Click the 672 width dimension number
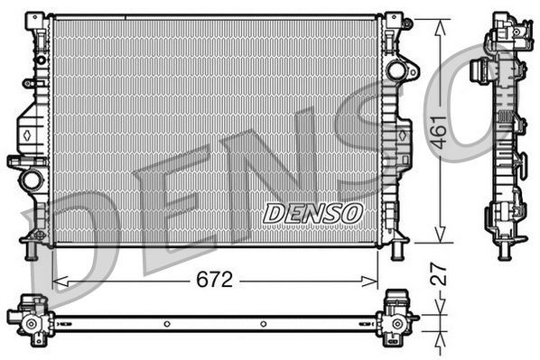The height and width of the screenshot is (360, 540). point(214,280)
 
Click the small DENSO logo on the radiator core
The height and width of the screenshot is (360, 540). point(312,214)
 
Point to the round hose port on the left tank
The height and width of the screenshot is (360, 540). point(32,180)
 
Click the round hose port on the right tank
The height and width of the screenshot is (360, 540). point(396,70)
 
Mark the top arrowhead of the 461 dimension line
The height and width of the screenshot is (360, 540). point(440,23)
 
